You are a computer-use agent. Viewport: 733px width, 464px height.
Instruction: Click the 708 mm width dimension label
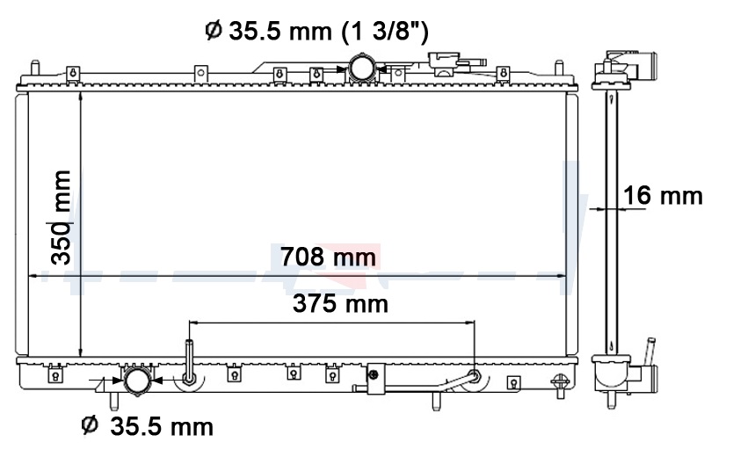coord(328,257)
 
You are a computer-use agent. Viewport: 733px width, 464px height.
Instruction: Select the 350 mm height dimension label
coord(62,218)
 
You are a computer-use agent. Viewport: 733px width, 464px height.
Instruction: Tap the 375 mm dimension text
coord(340,304)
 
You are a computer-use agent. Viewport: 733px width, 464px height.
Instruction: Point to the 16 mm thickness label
coord(663,195)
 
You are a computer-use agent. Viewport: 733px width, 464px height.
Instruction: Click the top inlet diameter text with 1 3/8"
coord(316,32)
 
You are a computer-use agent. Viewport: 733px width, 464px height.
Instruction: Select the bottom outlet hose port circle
coord(137,381)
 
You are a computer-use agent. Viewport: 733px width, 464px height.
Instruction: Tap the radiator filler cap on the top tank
coord(445,63)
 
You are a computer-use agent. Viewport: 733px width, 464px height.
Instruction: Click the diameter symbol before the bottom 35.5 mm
coord(90,424)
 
